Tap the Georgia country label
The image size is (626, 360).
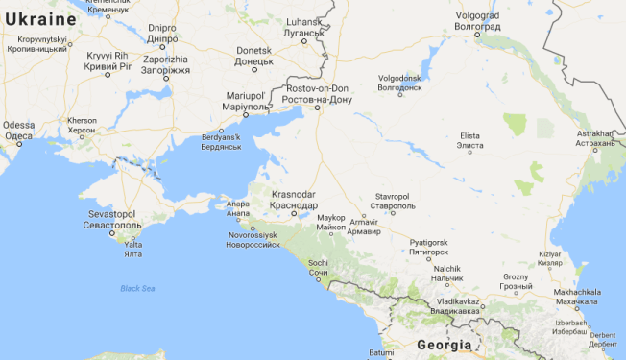click(x=444, y=345)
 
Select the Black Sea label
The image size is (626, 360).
click(x=137, y=288)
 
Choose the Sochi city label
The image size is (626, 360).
click(x=318, y=268)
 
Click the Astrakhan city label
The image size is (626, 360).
click(x=594, y=138)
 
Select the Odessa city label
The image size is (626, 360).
click(x=18, y=131)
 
